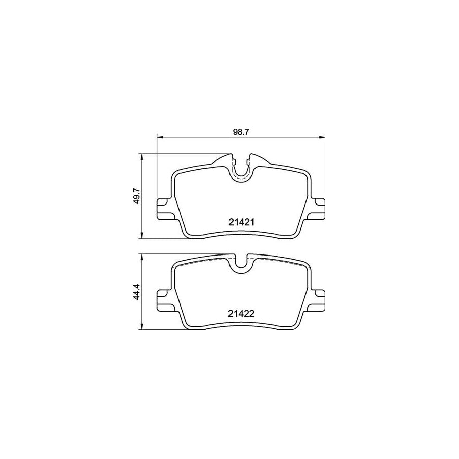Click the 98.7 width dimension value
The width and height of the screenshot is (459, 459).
click(x=240, y=132)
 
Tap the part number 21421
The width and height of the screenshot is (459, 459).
click(x=240, y=222)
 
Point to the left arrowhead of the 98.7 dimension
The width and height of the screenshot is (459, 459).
click(x=159, y=137)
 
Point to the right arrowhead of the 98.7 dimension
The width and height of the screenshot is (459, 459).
click(x=322, y=137)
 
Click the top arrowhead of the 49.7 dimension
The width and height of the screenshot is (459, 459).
click(x=141, y=156)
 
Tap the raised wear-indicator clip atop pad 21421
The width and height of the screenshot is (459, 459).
click(x=224, y=160)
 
